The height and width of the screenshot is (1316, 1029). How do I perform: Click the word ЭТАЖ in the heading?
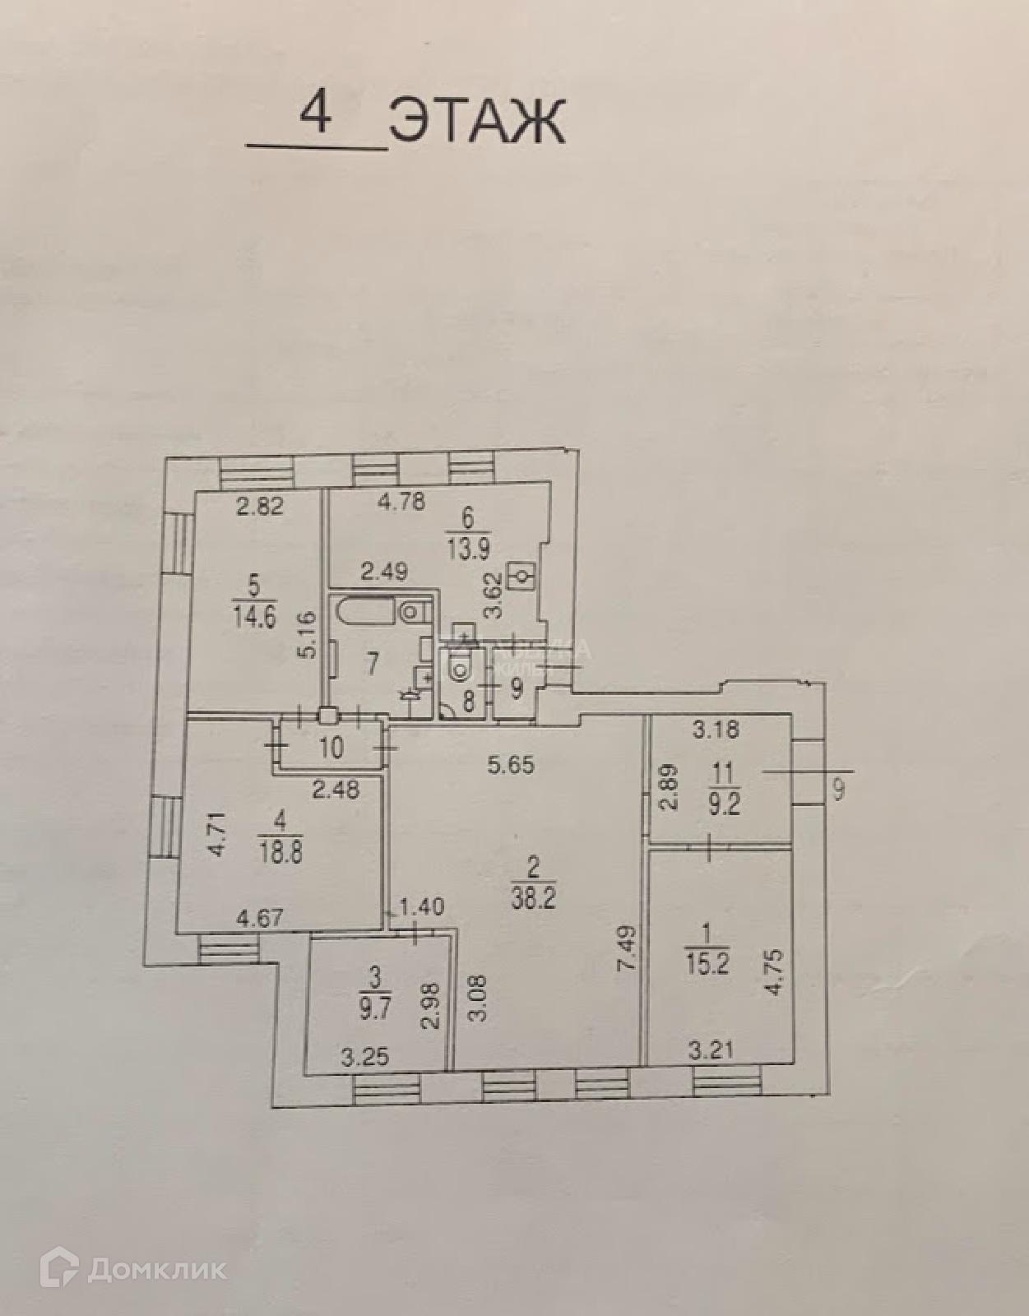(477, 121)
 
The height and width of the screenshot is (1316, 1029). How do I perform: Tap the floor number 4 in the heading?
(316, 114)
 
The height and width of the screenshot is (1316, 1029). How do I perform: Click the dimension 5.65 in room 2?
(510, 765)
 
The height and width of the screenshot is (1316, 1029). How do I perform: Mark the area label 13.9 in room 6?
(468, 549)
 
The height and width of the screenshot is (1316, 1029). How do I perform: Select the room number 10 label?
(331, 748)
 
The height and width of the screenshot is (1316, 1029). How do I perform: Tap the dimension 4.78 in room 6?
(401, 501)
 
